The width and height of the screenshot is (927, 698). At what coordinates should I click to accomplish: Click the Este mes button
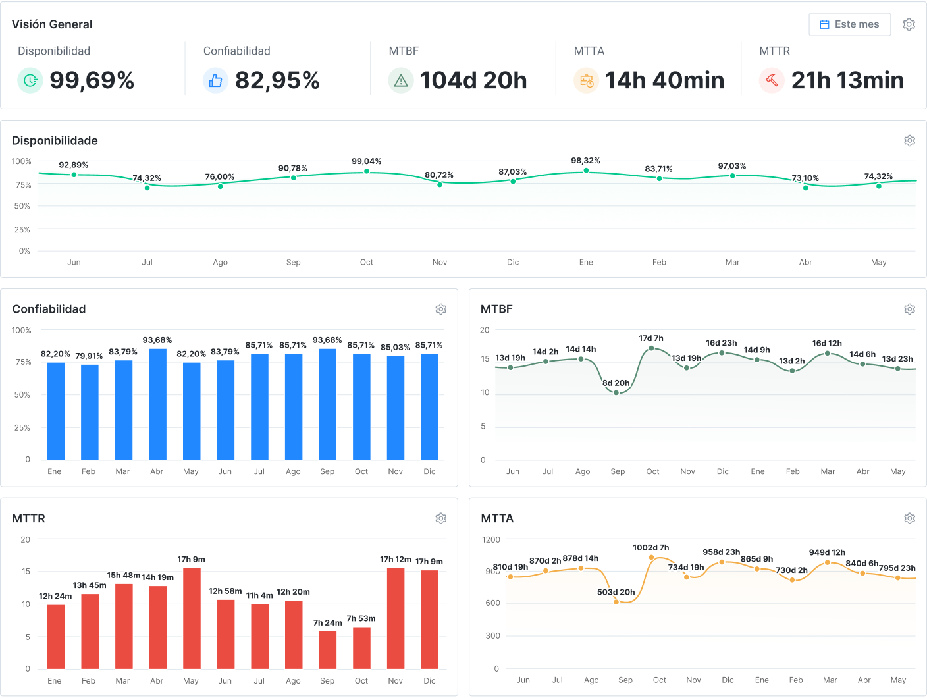point(849,24)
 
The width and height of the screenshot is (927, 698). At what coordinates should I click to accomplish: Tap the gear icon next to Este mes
point(909,24)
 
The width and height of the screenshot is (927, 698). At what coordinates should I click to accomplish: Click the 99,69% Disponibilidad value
point(92,80)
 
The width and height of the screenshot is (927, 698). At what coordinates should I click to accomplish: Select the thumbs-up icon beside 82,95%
point(215,80)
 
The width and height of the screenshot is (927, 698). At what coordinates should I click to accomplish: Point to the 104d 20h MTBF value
point(473,80)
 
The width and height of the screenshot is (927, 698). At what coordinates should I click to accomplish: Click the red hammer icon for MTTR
point(772,80)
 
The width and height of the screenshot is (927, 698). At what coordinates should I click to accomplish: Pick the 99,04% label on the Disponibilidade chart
point(366,161)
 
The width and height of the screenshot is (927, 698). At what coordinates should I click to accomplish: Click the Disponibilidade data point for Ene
point(586,171)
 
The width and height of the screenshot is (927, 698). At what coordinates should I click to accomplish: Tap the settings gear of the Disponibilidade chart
point(910,140)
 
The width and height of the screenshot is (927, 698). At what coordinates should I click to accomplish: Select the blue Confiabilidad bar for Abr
point(157,404)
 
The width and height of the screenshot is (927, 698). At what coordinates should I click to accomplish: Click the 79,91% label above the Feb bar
point(89,356)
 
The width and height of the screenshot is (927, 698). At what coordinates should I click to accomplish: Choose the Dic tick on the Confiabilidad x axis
point(429,471)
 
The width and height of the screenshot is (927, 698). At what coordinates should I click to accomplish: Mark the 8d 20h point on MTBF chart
point(616,393)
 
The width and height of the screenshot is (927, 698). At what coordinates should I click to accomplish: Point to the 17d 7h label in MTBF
point(651,338)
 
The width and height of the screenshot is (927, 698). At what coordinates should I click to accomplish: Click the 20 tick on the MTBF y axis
point(485,330)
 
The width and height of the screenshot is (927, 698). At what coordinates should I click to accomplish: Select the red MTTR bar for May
point(192,618)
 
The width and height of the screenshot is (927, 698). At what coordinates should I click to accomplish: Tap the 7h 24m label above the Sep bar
point(327,623)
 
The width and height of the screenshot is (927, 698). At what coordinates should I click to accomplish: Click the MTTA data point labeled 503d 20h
point(616,602)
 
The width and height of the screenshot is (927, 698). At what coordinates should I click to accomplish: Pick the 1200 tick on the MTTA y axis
point(491,539)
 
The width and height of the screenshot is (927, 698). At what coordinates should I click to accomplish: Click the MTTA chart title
point(497,518)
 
